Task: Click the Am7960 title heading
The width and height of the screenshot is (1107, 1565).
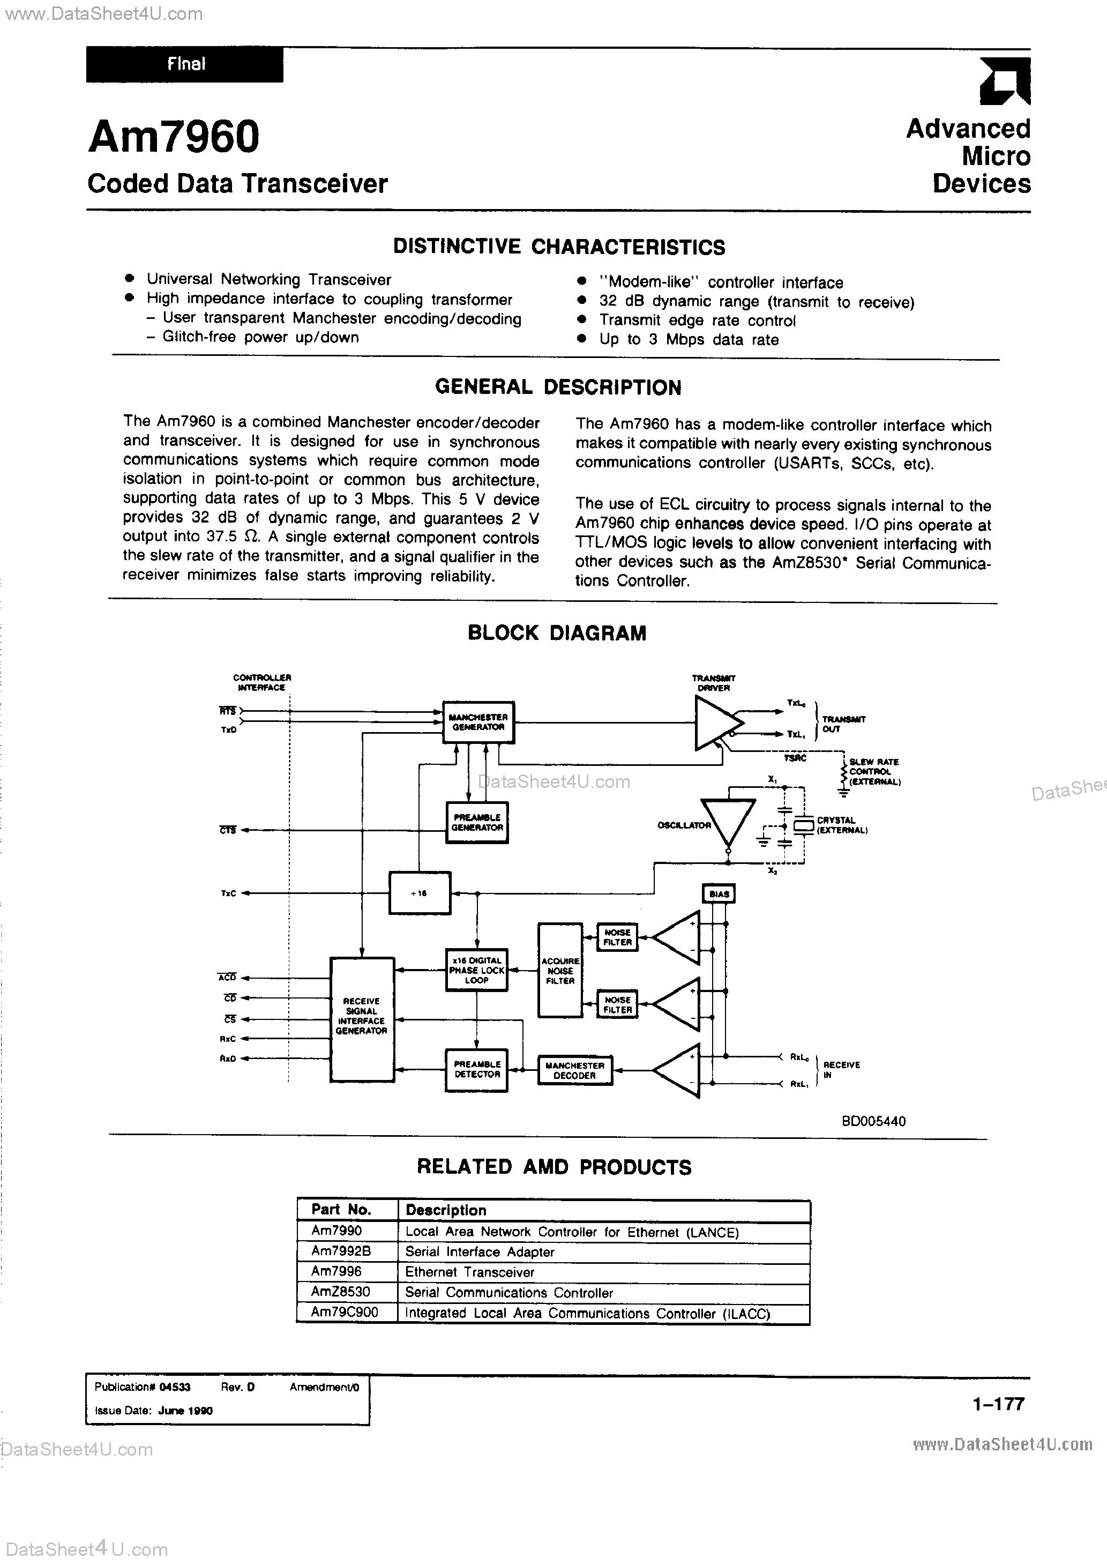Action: [174, 136]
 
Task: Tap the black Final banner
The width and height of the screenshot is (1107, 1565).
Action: [185, 65]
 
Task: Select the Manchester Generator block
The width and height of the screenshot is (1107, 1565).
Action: [478, 722]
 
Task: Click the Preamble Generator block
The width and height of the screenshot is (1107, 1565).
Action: [477, 822]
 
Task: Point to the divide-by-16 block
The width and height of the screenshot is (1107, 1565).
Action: [419, 893]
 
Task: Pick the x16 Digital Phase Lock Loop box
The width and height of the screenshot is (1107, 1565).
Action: [477, 971]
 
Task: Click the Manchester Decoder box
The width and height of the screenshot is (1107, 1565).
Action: [574, 1070]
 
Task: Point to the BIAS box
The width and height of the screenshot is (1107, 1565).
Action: [719, 893]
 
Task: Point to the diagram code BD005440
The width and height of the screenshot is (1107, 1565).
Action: [873, 1121]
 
